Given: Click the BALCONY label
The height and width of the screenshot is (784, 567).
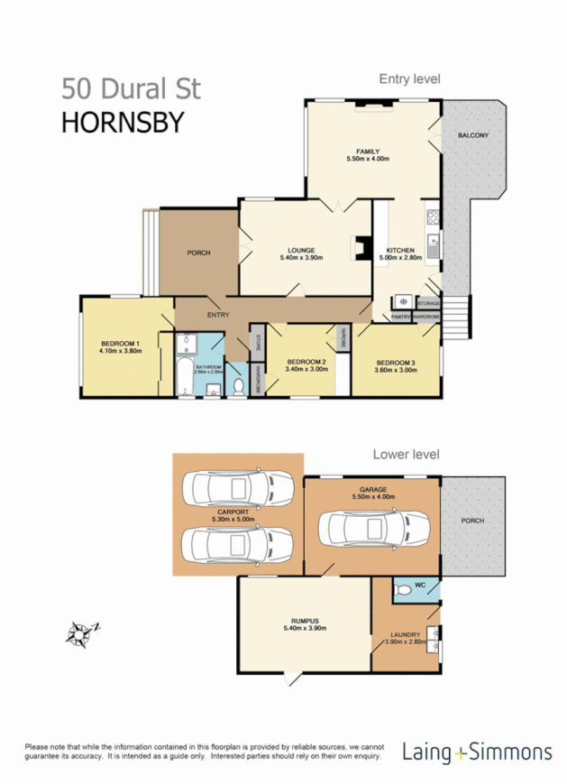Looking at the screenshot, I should [473, 135].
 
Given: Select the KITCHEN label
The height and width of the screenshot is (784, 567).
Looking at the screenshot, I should [400, 250].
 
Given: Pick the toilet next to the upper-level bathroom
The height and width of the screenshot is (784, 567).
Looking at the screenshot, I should [237, 386].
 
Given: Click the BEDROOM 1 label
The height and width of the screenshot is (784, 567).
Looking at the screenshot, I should [120, 344].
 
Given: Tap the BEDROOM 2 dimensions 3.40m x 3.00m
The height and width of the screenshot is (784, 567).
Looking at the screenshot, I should [305, 369].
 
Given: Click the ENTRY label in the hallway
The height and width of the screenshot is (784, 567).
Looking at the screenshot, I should [218, 315].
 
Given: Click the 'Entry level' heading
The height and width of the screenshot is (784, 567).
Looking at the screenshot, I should [409, 79].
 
